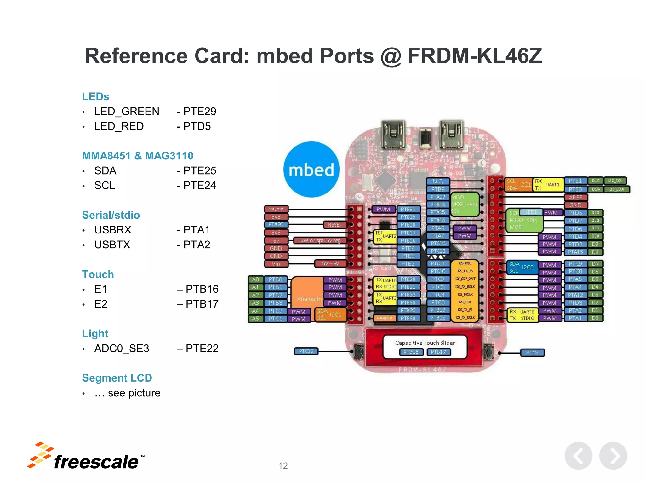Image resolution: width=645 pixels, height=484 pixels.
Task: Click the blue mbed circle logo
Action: [x=311, y=170]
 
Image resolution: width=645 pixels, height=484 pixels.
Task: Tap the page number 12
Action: [x=283, y=466]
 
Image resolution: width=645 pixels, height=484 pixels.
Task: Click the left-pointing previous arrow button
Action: [x=578, y=456]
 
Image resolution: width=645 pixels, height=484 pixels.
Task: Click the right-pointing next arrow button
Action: [x=613, y=456]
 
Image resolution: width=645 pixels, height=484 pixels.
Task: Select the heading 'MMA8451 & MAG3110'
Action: [x=138, y=156]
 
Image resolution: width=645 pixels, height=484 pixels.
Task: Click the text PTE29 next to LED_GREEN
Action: [x=200, y=111]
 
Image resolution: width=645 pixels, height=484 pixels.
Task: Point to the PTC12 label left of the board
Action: [x=306, y=351]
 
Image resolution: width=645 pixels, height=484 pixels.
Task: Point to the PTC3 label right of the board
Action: [x=532, y=353]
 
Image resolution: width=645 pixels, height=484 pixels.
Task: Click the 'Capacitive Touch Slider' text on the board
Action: [x=425, y=343]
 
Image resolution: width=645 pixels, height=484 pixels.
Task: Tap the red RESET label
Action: [x=335, y=225]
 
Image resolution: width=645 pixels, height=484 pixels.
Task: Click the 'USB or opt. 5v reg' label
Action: [x=320, y=240]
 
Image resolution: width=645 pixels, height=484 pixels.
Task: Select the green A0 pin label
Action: [x=255, y=279]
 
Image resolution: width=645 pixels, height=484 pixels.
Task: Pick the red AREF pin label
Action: [x=575, y=197]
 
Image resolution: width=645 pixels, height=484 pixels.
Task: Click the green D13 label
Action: [x=595, y=213]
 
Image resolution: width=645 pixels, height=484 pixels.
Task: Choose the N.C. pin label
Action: [x=438, y=181]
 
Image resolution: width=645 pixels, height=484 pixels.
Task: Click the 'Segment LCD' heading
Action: [x=117, y=378]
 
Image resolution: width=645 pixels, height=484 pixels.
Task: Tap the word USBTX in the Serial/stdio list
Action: [x=112, y=245]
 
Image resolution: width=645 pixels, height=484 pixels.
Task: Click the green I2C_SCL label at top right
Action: [x=615, y=181]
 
